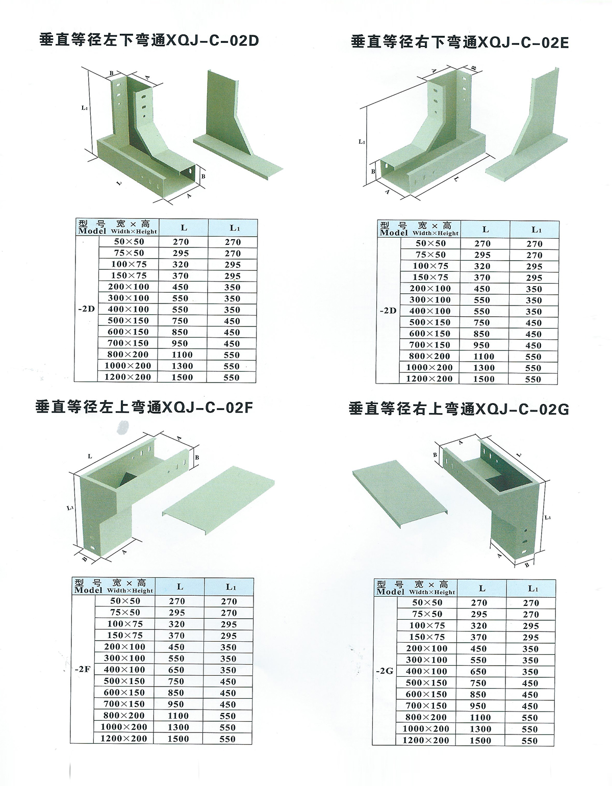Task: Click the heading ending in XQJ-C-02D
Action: [x=149, y=40]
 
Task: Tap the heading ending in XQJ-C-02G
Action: [x=458, y=409]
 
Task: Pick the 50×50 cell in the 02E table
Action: [x=430, y=243]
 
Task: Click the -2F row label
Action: [x=83, y=669]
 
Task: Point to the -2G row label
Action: [x=385, y=671]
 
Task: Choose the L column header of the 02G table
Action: [x=482, y=589]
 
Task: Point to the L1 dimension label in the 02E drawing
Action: [x=362, y=142]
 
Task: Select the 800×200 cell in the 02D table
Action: [x=129, y=354]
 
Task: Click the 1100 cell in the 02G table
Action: [x=480, y=717]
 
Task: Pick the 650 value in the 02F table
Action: [x=176, y=670]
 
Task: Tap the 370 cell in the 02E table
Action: [x=482, y=277]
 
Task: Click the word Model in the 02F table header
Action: [x=89, y=590]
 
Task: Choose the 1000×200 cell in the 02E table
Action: [x=429, y=368]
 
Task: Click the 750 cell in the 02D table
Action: [x=181, y=321]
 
